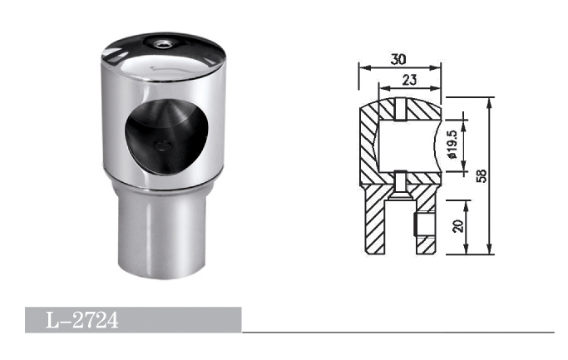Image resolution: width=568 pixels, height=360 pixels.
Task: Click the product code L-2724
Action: click(x=82, y=320)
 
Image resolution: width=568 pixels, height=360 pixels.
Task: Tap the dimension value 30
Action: click(x=398, y=59)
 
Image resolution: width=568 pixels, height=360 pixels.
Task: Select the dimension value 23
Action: click(x=409, y=80)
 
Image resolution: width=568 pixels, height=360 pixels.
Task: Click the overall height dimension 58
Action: click(x=482, y=176)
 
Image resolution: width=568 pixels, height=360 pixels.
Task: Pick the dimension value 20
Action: click(x=458, y=226)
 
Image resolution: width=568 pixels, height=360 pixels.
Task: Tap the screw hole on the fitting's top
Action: click(x=160, y=44)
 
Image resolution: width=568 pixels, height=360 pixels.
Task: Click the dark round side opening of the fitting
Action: click(x=166, y=137)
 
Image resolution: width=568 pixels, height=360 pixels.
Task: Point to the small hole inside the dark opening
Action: click(x=162, y=145)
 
